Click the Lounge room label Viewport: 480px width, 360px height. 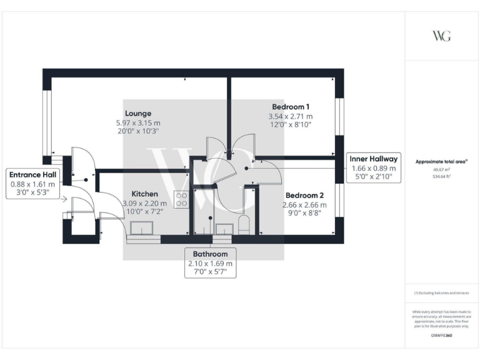[137, 113]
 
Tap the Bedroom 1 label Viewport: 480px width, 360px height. [291, 106]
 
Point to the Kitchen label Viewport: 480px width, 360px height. [144, 194]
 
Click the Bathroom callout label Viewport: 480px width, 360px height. [210, 254]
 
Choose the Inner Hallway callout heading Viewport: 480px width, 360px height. [374, 159]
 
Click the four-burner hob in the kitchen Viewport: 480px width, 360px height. [182, 199]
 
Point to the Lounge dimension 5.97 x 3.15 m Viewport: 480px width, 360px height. [137, 122]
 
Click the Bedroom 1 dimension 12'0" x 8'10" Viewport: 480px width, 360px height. [291, 125]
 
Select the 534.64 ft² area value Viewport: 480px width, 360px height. [441, 176]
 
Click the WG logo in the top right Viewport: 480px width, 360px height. [441, 36]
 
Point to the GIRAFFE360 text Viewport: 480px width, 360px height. [441, 336]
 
